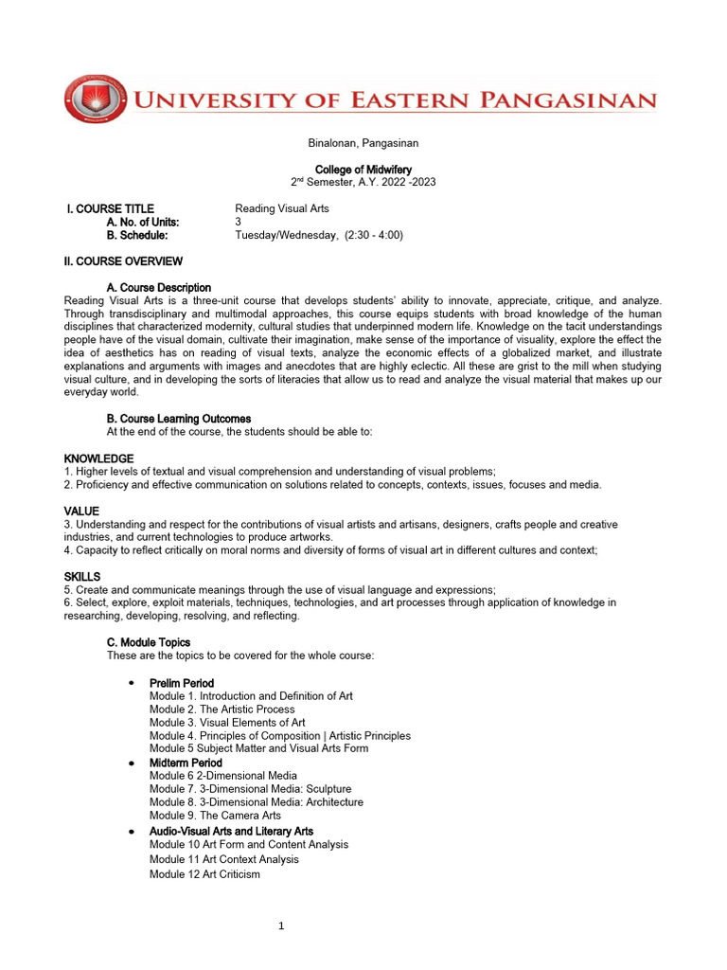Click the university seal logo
[x=95, y=99]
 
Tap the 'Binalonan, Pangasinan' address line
[x=363, y=143]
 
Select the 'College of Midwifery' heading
[x=363, y=170]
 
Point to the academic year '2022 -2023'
[x=405, y=182]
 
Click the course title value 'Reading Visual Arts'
[x=281, y=208]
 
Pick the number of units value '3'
[x=239, y=222]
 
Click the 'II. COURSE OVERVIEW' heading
[x=124, y=261]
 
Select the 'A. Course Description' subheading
[x=159, y=287]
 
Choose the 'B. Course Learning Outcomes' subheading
[x=179, y=418]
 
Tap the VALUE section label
[x=81, y=512]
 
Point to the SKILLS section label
[x=82, y=576]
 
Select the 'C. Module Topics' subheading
[x=149, y=642]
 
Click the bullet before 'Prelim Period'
[x=131, y=683]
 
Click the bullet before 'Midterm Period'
[x=131, y=763]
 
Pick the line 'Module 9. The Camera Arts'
[x=215, y=815]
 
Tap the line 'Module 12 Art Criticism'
[x=204, y=874]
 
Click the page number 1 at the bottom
[x=281, y=926]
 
